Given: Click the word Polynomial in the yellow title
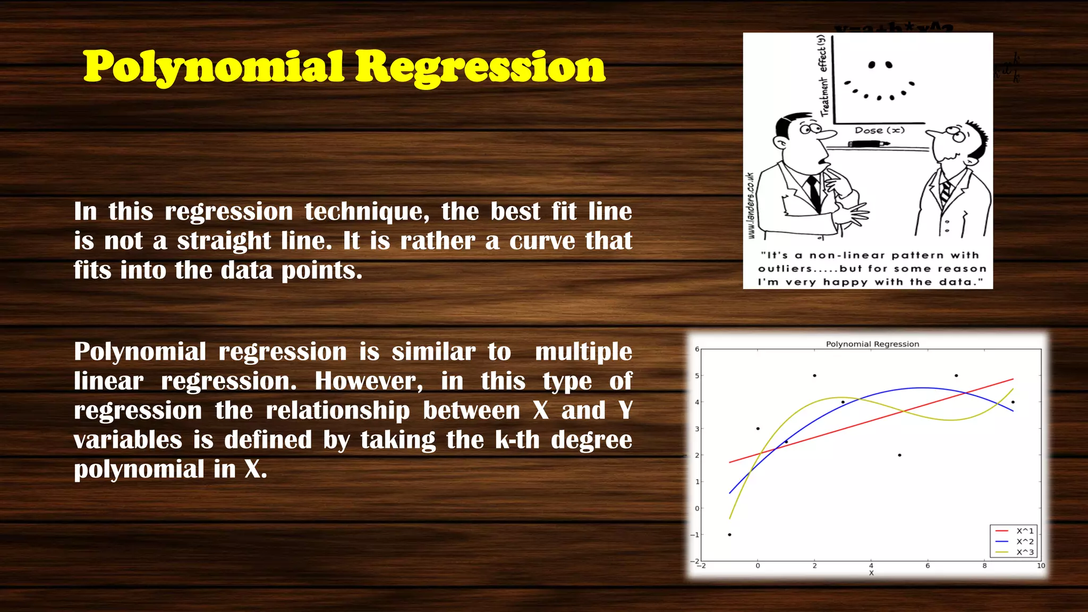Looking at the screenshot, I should (x=214, y=66).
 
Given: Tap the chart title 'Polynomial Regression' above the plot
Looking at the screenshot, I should (x=872, y=344).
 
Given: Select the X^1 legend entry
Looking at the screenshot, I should (x=1024, y=531).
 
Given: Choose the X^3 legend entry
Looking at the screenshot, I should (x=1024, y=552).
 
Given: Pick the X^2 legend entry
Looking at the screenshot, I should (x=1024, y=541).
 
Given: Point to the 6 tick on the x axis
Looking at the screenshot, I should (x=928, y=565).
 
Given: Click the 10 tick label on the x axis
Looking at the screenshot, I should (x=1041, y=565).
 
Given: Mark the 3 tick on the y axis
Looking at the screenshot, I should (x=697, y=429).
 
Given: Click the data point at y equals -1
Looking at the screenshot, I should (x=729, y=534).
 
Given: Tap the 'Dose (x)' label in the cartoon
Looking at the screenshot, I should (x=879, y=130).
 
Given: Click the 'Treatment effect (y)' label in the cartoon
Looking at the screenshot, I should (x=823, y=75).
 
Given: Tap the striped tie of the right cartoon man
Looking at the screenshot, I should (x=945, y=192).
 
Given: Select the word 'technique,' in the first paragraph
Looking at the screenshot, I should (x=367, y=211).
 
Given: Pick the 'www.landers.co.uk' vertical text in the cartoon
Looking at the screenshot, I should (x=750, y=206).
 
